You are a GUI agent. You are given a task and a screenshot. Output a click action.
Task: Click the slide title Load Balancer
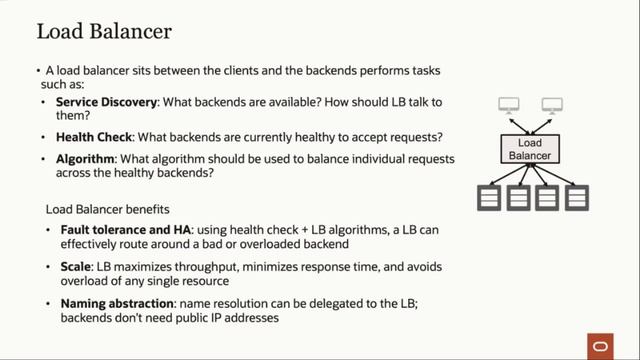pos(104,31)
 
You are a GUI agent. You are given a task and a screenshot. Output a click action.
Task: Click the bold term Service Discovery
pos(105,103)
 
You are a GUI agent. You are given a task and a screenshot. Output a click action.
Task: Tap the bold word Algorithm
pos(87,158)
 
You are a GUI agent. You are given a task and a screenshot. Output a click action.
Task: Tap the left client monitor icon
pos(510,105)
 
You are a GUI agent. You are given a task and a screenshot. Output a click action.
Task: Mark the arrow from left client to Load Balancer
pos(518,125)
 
